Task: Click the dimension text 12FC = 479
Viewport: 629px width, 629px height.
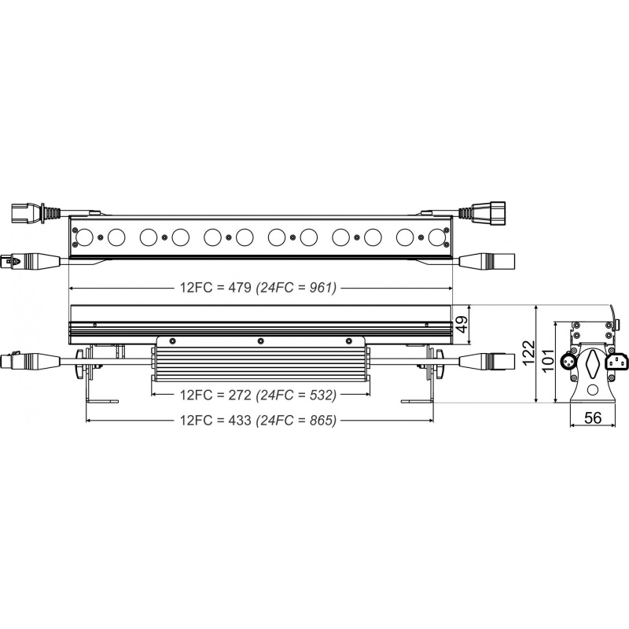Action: click(x=215, y=288)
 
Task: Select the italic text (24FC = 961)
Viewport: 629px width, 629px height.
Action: click(x=296, y=288)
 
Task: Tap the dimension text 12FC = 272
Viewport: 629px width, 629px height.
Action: click(x=215, y=395)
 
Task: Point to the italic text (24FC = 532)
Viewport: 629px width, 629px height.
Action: click(x=296, y=395)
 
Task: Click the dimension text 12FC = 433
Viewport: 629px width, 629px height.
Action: click(x=215, y=420)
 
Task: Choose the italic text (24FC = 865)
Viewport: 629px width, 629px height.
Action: click(x=296, y=420)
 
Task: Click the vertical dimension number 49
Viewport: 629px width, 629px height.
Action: click(x=462, y=324)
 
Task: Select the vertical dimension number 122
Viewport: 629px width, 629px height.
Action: click(x=529, y=352)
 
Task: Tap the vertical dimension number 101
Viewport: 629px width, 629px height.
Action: click(x=547, y=361)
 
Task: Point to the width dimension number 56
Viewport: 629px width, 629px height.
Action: click(x=593, y=417)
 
